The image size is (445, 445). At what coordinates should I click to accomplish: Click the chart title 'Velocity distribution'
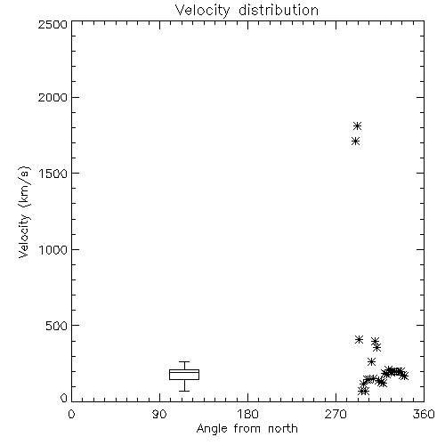(247, 10)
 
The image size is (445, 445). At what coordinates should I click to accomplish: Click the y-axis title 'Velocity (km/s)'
(24, 212)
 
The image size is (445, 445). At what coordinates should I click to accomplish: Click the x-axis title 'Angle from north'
(247, 428)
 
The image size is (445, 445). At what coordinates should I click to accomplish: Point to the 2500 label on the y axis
(53, 24)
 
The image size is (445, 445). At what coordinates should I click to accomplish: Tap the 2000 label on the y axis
(53, 97)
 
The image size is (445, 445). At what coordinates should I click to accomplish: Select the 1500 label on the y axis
(53, 174)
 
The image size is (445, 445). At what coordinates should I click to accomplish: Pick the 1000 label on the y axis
(53, 249)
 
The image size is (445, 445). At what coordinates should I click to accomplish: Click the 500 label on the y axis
(57, 326)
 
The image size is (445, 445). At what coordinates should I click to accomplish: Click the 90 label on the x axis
(159, 414)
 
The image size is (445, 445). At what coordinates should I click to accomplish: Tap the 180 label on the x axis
(247, 414)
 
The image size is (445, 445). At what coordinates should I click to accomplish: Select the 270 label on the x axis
(336, 414)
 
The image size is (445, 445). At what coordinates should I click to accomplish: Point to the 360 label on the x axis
(424, 414)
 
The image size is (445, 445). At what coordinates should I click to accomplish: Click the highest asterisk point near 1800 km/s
(358, 125)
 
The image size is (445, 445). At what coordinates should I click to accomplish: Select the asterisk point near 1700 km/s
(356, 142)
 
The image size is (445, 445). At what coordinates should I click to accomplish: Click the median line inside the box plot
(184, 372)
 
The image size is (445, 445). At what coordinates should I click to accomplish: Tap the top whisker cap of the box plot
(184, 361)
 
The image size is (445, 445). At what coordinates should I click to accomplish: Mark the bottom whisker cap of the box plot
(184, 391)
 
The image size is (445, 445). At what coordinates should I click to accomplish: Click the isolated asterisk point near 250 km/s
(371, 361)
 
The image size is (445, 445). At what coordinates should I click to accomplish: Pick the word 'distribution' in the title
(279, 10)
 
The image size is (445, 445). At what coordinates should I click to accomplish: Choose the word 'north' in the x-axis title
(283, 428)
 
